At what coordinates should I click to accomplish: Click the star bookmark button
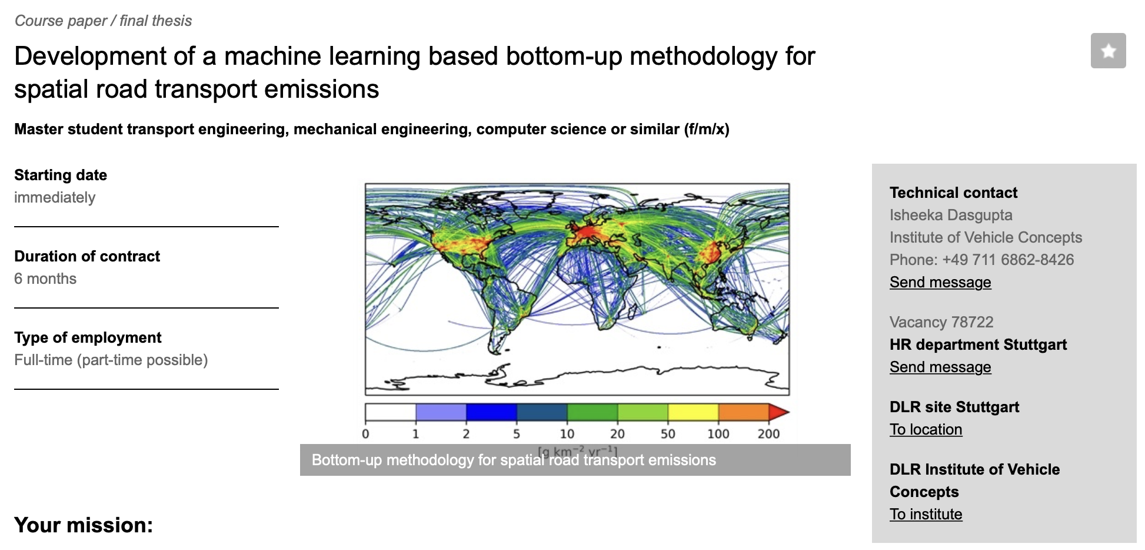click(x=1108, y=51)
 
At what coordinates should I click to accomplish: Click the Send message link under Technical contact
click(x=940, y=283)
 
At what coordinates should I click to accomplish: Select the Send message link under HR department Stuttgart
click(x=940, y=367)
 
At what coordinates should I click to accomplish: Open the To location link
click(x=926, y=430)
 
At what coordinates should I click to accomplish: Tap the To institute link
click(x=926, y=515)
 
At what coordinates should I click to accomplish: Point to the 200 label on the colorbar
click(x=768, y=434)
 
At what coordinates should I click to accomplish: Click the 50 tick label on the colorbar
click(x=668, y=434)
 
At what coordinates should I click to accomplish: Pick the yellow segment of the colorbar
click(x=693, y=412)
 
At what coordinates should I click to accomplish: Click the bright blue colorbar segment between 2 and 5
click(x=491, y=412)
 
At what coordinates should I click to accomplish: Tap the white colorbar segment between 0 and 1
click(x=391, y=412)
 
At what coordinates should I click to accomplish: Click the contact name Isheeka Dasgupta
click(x=951, y=216)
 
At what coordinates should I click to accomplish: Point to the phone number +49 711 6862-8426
click(x=1008, y=260)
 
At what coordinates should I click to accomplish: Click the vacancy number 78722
click(x=972, y=322)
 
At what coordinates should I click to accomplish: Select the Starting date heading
click(x=61, y=175)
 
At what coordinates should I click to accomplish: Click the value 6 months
click(x=45, y=279)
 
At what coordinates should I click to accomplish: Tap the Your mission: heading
click(x=84, y=525)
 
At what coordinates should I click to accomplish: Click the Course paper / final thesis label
click(x=103, y=21)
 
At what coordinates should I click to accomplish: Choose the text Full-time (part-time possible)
click(x=111, y=360)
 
